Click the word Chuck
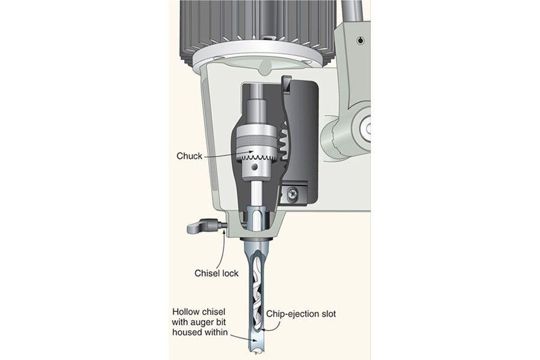189,156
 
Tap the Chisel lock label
216,273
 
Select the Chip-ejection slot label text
301,314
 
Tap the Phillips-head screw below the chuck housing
292,194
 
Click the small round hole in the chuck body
255,167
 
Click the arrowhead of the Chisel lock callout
224,232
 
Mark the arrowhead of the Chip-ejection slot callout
262,329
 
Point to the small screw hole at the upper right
360,40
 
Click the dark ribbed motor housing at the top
257,28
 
